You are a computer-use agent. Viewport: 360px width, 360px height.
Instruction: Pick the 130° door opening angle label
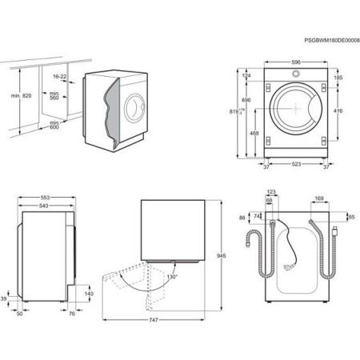tap(171, 276)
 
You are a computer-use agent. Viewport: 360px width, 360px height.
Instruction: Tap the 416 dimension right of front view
tap(338, 111)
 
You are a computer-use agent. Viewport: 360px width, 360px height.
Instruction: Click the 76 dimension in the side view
tap(72, 314)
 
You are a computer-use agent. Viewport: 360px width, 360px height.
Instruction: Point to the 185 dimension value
tap(338, 78)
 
